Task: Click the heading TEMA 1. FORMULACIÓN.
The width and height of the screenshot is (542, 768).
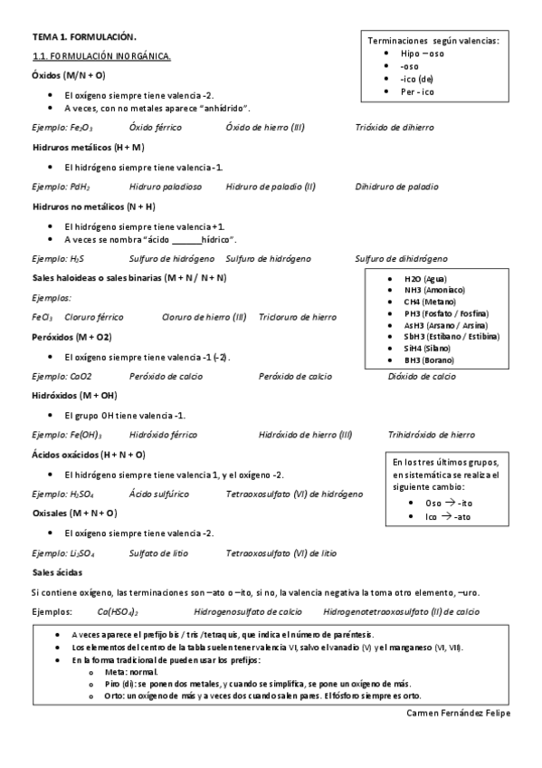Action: [84, 37]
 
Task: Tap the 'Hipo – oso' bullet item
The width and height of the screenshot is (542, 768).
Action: [423, 53]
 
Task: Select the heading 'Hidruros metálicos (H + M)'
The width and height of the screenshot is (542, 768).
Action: [88, 147]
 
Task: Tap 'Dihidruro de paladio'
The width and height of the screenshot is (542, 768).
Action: [396, 187]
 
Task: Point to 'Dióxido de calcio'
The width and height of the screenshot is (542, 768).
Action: [422, 377]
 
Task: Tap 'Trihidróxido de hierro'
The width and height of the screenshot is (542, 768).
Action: [431, 435]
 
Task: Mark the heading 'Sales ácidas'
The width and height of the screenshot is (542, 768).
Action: [56, 572]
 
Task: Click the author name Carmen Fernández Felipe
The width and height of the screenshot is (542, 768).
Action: [459, 713]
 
